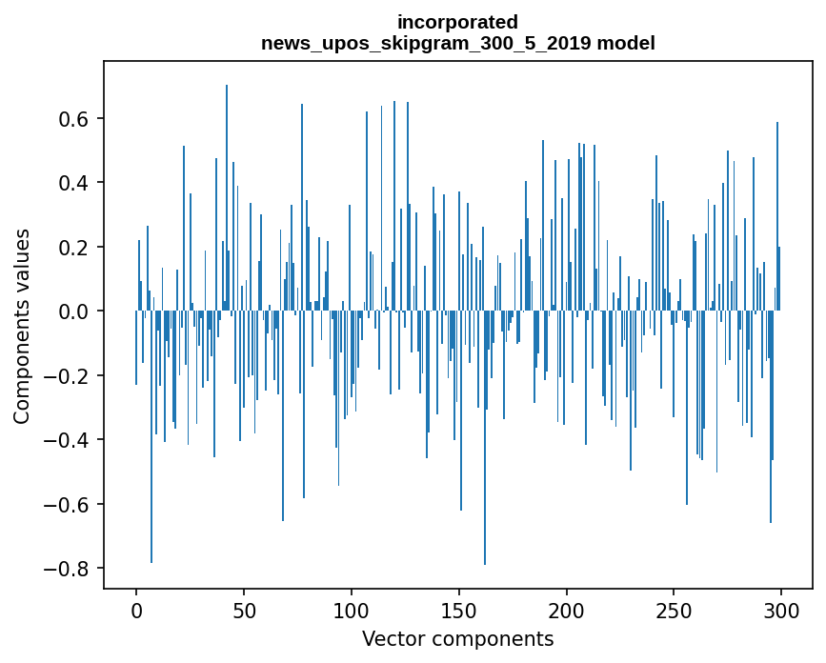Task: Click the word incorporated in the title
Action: pyautogui.click(x=457, y=23)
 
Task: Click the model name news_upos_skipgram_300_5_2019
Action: pyautogui.click(x=426, y=43)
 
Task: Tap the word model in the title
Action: pyautogui.click(x=626, y=43)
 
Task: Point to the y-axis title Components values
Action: pyautogui.click(x=22, y=327)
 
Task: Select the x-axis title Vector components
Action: pyautogui.click(x=457, y=639)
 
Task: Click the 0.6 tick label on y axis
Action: pyautogui.click(x=73, y=118)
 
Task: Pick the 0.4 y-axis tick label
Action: pyautogui.click(x=73, y=183)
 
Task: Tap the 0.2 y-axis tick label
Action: pyautogui.click(x=73, y=247)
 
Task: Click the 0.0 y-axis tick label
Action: pyautogui.click(x=73, y=311)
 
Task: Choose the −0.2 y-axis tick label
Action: pyautogui.click(x=66, y=376)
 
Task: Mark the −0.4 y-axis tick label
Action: pyautogui.click(x=66, y=440)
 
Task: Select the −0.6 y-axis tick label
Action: pyautogui.click(x=66, y=505)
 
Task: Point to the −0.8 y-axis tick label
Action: pyautogui.click(x=66, y=569)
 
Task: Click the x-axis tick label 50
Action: pyautogui.click(x=244, y=612)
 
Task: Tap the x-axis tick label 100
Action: pyautogui.click(x=352, y=612)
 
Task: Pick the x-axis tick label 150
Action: pyautogui.click(x=459, y=612)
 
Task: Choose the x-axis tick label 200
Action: pyautogui.click(x=566, y=612)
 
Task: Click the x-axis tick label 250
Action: pyautogui.click(x=674, y=612)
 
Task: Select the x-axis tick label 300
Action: pyautogui.click(x=781, y=612)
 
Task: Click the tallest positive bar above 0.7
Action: pyautogui.click(x=227, y=197)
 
